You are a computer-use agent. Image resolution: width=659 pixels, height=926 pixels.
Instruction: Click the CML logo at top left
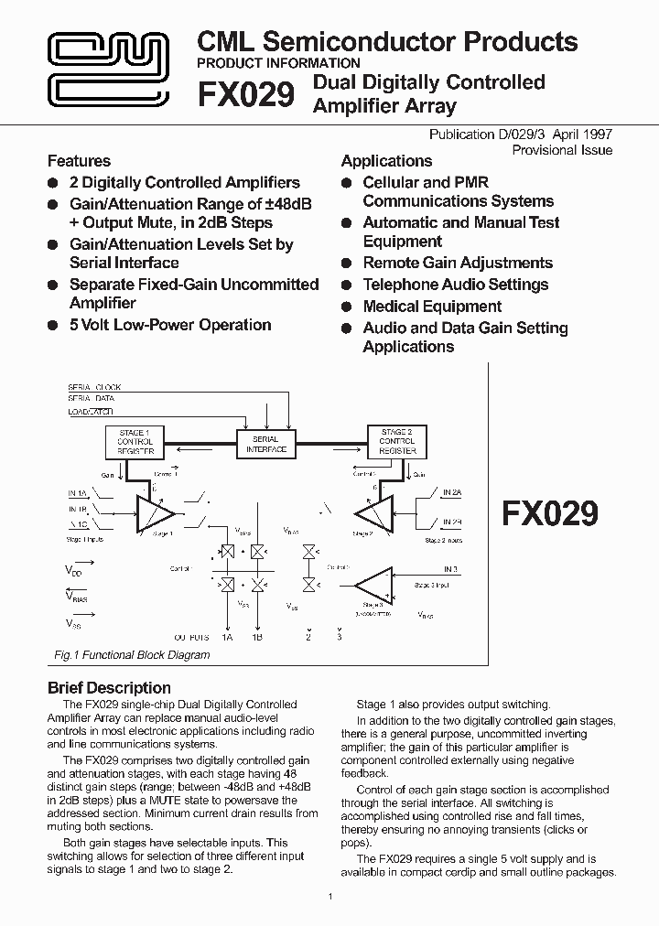pyautogui.click(x=109, y=70)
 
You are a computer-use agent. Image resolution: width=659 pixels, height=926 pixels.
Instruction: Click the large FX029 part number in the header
pyautogui.click(x=246, y=95)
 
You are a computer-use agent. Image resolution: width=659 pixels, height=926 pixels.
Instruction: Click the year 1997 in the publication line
pyautogui.click(x=595, y=135)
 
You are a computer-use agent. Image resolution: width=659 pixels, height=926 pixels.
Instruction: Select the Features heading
pyautogui.click(x=79, y=161)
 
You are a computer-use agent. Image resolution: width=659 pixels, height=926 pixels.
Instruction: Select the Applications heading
pyautogui.click(x=386, y=161)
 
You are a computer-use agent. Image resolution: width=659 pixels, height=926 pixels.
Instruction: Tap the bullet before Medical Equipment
pyautogui.click(x=347, y=307)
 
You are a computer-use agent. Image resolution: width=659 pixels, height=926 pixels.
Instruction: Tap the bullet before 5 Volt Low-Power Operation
pyautogui.click(x=53, y=326)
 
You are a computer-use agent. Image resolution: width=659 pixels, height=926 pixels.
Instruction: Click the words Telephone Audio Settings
pyautogui.click(x=455, y=285)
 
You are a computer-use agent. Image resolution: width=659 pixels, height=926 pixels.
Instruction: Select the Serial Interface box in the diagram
pyautogui.click(x=266, y=445)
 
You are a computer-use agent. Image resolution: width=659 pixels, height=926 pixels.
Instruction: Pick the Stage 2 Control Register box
pyautogui.click(x=396, y=441)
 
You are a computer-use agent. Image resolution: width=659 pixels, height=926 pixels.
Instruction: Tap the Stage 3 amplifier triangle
pyautogui.click(x=373, y=586)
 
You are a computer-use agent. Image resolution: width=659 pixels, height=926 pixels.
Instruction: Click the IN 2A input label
pyautogui.click(x=452, y=493)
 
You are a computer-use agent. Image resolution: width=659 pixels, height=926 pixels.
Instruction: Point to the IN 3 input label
pyautogui.click(x=449, y=569)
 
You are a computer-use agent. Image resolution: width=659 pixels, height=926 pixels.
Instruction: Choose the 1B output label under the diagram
pyautogui.click(x=257, y=637)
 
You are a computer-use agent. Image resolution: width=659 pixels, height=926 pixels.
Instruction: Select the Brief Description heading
pyautogui.click(x=109, y=688)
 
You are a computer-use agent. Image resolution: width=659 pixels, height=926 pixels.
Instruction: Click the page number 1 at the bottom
pyautogui.click(x=329, y=896)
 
